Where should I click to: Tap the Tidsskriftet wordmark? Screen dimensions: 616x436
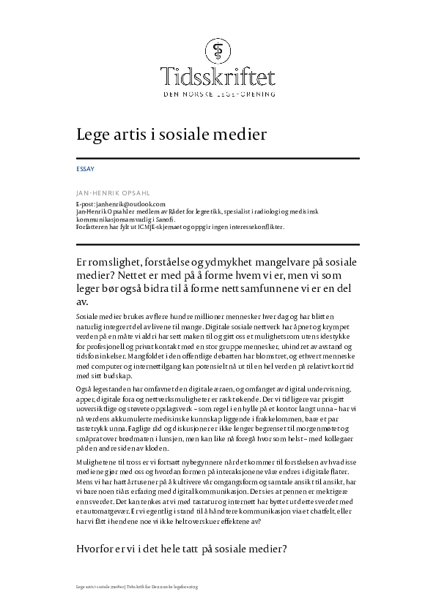(x=218, y=75)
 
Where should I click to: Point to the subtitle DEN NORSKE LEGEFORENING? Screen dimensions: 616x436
(x=218, y=94)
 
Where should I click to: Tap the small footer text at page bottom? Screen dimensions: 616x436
(x=137, y=587)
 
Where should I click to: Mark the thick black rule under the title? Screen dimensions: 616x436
(x=218, y=159)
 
